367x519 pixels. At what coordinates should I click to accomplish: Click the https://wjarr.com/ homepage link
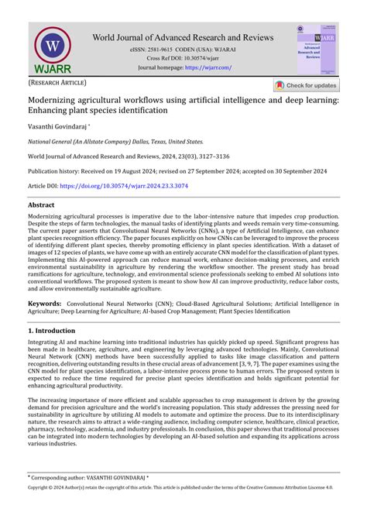coord(208,67)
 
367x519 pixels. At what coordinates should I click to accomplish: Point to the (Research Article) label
coord(58,82)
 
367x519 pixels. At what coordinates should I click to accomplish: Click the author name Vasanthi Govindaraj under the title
coord(58,126)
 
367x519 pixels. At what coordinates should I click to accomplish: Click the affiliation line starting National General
coord(115,142)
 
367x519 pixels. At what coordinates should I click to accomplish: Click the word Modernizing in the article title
coord(58,100)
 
